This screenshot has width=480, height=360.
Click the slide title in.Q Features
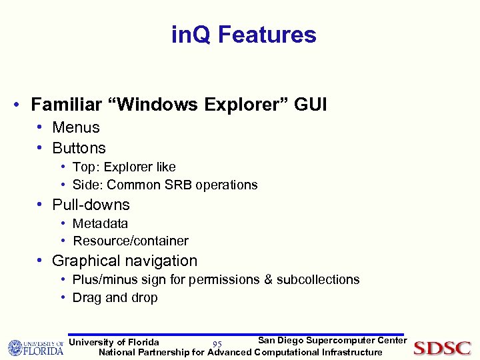point(243,35)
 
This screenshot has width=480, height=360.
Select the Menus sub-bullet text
point(76,127)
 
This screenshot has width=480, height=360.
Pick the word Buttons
point(79,148)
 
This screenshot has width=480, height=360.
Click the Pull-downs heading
point(91,205)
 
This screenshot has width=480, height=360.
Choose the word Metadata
point(100,223)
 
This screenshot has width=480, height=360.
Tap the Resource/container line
point(131,241)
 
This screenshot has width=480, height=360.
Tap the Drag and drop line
point(115,297)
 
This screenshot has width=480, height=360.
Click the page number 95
point(217,344)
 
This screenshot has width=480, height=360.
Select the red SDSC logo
point(442,347)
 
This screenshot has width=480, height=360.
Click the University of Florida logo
point(35,347)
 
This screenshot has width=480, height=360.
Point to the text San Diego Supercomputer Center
point(331,341)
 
